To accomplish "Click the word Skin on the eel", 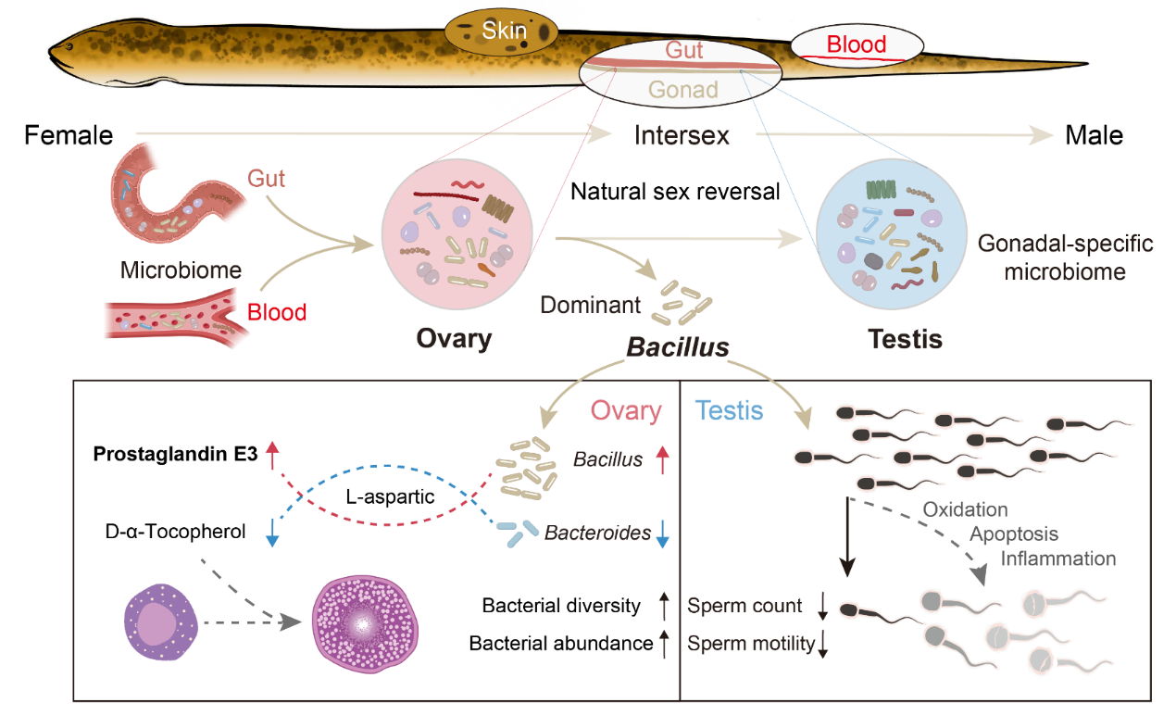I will point(504,31).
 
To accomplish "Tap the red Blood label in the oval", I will point(856,44).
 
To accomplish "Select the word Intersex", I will point(682,135).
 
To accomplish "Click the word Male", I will point(1094,135).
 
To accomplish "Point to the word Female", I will point(69,135).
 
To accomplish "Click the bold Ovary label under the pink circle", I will point(454,338).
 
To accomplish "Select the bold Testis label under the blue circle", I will point(905,339).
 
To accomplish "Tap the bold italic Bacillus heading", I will point(678,347).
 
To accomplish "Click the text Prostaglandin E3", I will point(174,455).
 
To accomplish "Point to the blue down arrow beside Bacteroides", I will point(662,534).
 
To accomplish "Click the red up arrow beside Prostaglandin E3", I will point(272,455).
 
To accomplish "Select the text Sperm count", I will point(744,606).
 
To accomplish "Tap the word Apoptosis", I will point(1013,534).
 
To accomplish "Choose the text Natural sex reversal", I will point(676,193).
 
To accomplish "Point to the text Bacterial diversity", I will point(561,606).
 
